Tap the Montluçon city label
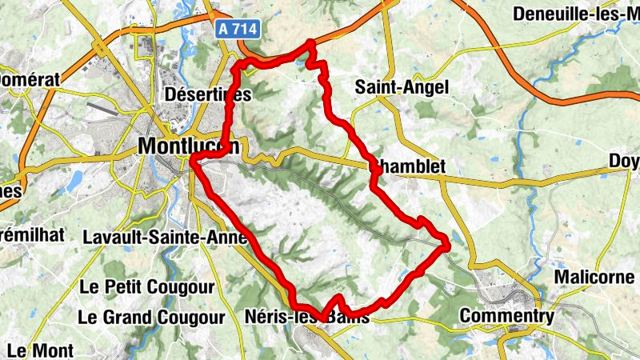[x=189, y=146]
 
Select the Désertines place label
[x=207, y=94]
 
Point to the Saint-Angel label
[x=402, y=86]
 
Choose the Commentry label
[x=506, y=316]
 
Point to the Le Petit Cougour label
[x=147, y=286]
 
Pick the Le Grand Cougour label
[x=151, y=318]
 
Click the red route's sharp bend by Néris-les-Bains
[x=325, y=314]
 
